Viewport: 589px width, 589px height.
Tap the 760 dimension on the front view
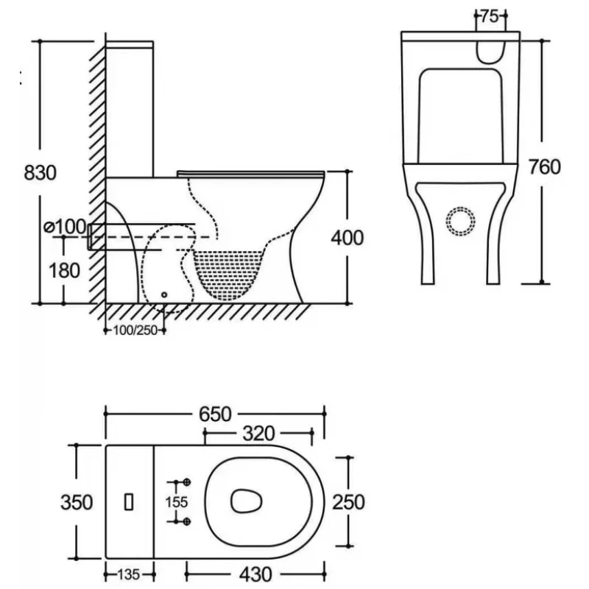tap(544, 166)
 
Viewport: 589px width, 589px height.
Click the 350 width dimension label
tap(77, 502)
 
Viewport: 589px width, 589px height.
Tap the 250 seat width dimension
tap(348, 502)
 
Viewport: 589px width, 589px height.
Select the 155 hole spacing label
tap(177, 502)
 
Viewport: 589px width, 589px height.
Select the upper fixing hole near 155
tap(187, 482)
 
